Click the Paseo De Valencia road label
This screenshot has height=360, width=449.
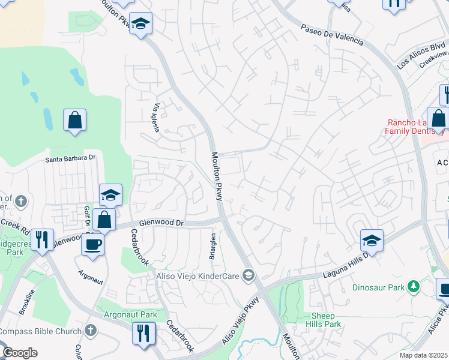tap(332, 35)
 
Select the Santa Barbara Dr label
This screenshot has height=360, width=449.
tap(71, 158)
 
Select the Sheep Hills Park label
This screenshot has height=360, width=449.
tap(326, 320)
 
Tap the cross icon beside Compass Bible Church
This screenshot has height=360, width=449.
tap(90, 331)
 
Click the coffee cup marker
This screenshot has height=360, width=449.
tap(92, 244)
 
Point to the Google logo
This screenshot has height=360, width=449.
tap(19, 353)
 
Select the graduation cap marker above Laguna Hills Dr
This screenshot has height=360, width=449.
tap(372, 241)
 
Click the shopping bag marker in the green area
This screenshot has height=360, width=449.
tap(75, 119)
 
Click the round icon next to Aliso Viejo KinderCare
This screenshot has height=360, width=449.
tap(248, 276)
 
